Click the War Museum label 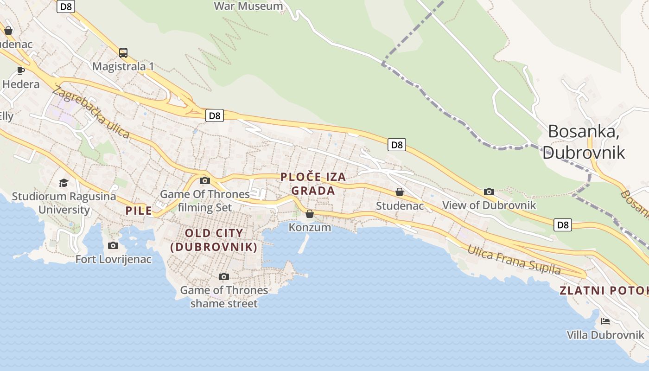[x=248, y=6]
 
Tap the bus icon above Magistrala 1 [x=123, y=53]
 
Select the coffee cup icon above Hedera [x=20, y=70]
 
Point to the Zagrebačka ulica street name [x=91, y=111]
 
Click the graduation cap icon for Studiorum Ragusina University [x=64, y=183]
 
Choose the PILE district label [x=139, y=211]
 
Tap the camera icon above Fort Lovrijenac [x=113, y=245]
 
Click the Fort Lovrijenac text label [x=114, y=259]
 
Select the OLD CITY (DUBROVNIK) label [x=214, y=240]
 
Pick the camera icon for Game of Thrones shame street [x=224, y=276]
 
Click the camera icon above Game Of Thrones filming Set [x=204, y=180]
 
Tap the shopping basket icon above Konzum [x=310, y=214]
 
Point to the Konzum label [x=310, y=227]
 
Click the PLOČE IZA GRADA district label [x=313, y=184]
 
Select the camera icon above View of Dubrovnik [x=489, y=192]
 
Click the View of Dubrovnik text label [x=489, y=205]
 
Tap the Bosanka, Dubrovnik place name [x=584, y=141]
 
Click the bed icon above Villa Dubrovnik [x=605, y=321]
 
